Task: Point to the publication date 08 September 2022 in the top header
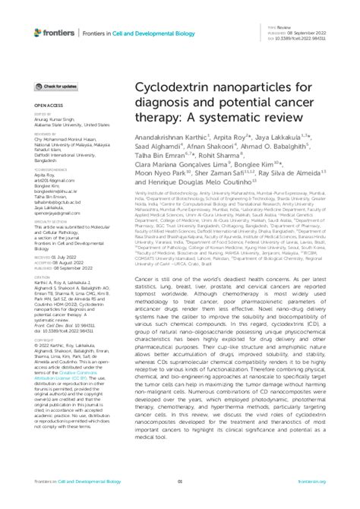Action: point(307,33)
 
